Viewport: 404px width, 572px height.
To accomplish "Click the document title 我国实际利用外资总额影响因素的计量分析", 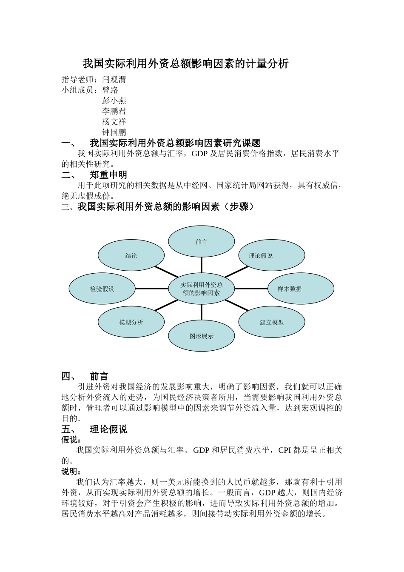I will [x=185, y=64].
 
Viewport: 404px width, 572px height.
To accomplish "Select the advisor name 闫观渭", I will [x=114, y=80].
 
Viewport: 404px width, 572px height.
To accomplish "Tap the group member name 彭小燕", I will [x=114, y=101].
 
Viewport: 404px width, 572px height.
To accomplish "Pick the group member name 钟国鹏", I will [x=114, y=132].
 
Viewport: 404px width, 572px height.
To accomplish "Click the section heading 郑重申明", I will [x=108, y=175].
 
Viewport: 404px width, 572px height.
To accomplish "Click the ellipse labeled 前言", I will [x=201, y=242].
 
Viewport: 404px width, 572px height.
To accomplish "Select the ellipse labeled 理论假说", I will [x=271, y=255].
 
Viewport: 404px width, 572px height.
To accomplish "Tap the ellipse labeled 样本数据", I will [x=301, y=289].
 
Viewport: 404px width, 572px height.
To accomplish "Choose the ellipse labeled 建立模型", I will [x=271, y=322].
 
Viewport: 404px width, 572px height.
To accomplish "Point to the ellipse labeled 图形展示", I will [x=201, y=336].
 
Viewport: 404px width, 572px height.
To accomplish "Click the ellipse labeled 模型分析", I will [x=131, y=322].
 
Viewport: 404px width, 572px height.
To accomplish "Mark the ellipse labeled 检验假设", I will [x=102, y=289].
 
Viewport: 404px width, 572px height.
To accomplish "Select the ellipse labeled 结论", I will [x=131, y=255].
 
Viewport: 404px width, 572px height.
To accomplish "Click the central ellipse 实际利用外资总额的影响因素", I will [x=201, y=289].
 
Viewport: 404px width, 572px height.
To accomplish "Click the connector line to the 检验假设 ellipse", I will [x=152, y=289].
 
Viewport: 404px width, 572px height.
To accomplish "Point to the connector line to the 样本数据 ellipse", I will [x=251, y=289].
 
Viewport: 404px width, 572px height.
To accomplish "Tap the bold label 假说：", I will [x=71, y=440].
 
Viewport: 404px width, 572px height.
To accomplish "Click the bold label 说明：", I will [x=71, y=472].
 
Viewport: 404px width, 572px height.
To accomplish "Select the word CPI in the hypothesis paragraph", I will [x=285, y=450].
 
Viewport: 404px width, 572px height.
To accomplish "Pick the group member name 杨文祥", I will [x=114, y=122].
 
